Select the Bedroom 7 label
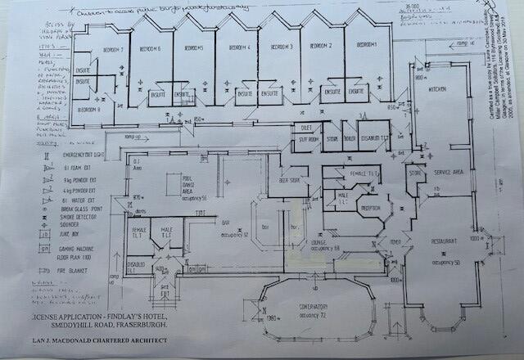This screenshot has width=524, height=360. pos(112,51)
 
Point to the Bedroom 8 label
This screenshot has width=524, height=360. pos(88,109)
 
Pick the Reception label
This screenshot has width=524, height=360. pos(373,208)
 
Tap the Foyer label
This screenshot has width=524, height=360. pos(395,241)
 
